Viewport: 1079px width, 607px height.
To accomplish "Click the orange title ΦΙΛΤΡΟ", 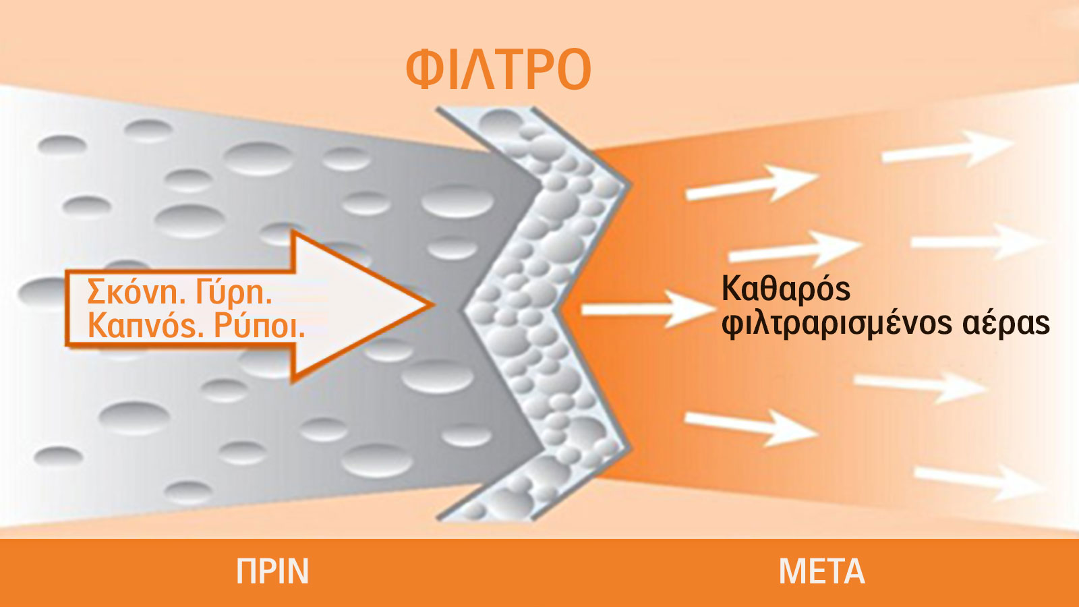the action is [x=498, y=69].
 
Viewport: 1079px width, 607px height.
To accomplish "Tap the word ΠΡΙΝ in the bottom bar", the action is [x=272, y=571].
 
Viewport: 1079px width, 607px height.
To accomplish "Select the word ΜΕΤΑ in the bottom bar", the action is [x=822, y=571].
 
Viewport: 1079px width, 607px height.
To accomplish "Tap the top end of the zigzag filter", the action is [x=484, y=109].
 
